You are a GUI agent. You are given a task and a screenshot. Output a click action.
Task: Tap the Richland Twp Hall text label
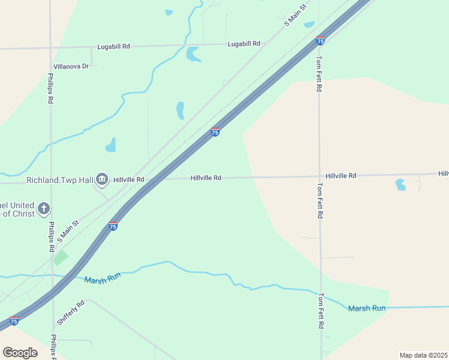pyautogui.click(x=59, y=179)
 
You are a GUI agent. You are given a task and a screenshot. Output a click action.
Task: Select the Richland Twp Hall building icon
pyautogui.click(x=102, y=179)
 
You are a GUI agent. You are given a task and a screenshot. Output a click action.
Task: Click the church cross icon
pyautogui.click(x=43, y=209)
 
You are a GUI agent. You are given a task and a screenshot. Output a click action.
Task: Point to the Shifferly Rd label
pyautogui.click(x=71, y=313)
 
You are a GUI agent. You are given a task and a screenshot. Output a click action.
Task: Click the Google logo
pyautogui.click(x=20, y=352)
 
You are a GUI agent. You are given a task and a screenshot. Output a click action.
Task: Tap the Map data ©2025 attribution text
pyautogui.click(x=423, y=355)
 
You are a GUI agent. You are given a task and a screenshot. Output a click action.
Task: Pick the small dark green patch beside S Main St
pyautogui.click(x=60, y=258)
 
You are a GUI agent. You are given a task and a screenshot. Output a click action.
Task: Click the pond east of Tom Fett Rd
pyautogui.click(x=400, y=184)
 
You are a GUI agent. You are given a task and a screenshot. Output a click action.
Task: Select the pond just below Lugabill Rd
pyautogui.click(x=193, y=55)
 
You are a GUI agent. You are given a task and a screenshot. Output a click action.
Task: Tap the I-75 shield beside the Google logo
pyautogui.click(x=14, y=321)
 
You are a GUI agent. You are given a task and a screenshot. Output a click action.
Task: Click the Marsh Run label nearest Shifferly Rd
pyautogui.click(x=103, y=278)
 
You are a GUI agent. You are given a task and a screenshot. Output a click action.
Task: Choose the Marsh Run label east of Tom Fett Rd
pyautogui.click(x=367, y=308)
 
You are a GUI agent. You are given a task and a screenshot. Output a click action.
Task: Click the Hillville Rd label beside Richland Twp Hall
pyautogui.click(x=129, y=179)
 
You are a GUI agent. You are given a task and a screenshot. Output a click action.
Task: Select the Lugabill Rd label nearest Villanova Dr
pyautogui.click(x=114, y=46)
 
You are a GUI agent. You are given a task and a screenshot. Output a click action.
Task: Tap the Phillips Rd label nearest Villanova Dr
pyautogui.click(x=51, y=88)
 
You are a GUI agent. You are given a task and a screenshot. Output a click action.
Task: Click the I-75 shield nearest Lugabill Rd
pyautogui.click(x=321, y=41)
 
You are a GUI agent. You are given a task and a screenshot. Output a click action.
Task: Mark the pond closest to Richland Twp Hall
pyautogui.click(x=111, y=145)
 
